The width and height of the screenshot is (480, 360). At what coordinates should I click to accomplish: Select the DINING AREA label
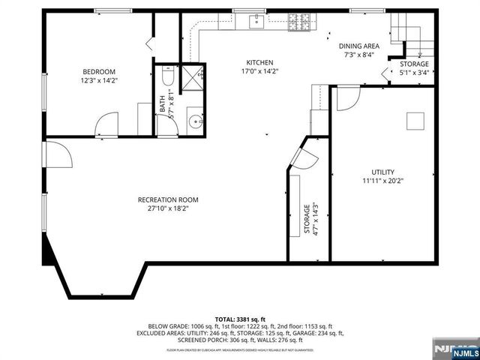[358, 46]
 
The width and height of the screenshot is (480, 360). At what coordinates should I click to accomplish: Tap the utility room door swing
[346, 99]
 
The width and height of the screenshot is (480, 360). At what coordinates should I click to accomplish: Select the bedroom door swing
[106, 124]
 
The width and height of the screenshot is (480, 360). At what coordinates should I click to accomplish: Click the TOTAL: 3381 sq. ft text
[239, 319]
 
